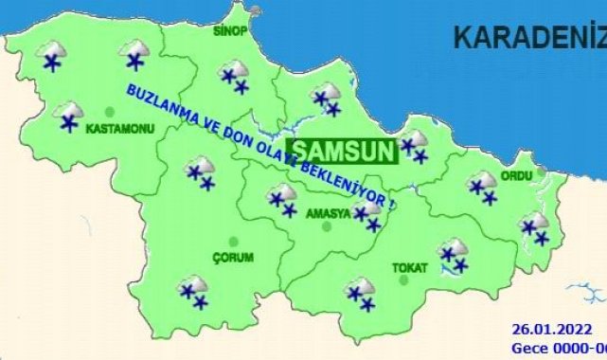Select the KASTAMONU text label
119,128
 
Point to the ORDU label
518,174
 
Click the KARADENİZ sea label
528,38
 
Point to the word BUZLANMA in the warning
152,99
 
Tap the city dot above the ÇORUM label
233,242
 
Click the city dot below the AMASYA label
327,226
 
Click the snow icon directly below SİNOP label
234,76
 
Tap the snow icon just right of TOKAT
454,255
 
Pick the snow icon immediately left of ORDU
483,187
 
